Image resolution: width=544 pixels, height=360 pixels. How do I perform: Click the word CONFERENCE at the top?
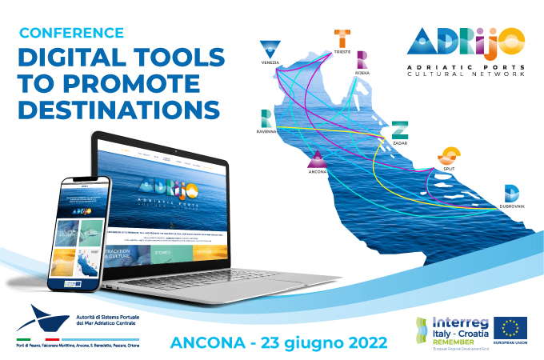(71, 33)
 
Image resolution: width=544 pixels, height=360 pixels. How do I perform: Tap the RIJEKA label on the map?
(363, 71)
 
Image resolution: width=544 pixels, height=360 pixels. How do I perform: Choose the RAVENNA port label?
(266, 130)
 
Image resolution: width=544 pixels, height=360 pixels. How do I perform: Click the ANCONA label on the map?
(318, 170)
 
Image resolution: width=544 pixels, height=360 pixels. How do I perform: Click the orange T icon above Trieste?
(342, 37)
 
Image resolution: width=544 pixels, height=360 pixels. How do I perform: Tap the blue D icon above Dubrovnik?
(511, 192)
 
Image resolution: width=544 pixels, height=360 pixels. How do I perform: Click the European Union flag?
(510, 327)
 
